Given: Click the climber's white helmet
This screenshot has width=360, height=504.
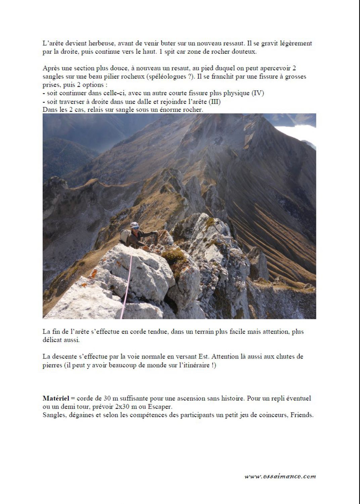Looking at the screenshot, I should [135, 225].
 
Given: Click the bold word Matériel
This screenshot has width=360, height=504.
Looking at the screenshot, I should [56, 398].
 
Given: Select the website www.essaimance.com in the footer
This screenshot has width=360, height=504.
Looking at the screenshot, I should [280, 476].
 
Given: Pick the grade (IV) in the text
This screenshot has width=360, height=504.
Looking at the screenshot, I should [258, 93].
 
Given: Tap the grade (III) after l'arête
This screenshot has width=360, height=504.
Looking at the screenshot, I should [215, 101].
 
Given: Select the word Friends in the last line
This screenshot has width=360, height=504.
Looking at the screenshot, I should [302, 415].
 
